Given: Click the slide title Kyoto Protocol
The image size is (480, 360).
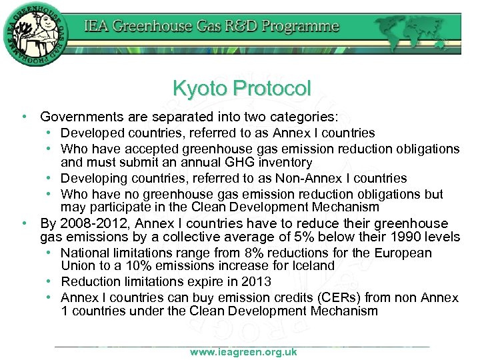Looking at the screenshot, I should (x=241, y=87).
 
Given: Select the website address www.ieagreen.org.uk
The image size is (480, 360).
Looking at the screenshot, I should (x=243, y=352).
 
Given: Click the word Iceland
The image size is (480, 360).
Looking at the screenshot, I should (x=313, y=265).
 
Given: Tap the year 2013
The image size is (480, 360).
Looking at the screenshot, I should (x=259, y=281).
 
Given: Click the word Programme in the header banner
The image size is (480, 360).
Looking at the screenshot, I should (x=305, y=27).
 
